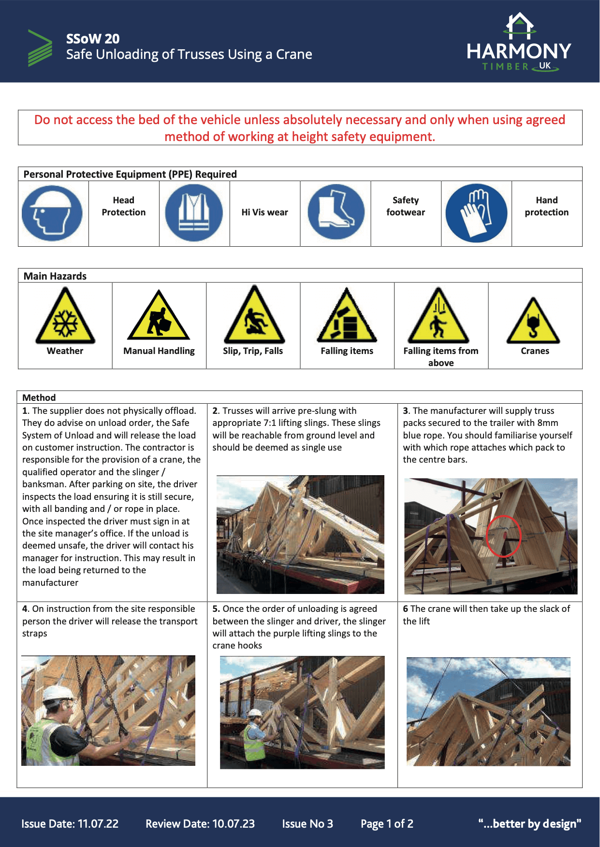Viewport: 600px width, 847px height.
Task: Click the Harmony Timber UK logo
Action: tap(519, 43)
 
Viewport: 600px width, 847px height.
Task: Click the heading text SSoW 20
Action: tap(93, 39)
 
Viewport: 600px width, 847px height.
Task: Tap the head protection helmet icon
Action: tap(52, 213)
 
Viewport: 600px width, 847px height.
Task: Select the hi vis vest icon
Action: tap(194, 213)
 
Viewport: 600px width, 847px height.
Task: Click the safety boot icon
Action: tap(336, 212)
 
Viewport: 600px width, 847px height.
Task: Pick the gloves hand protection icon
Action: tap(476, 213)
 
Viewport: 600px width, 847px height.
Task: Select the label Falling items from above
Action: tap(441, 356)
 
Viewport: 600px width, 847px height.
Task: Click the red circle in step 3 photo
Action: tap(503, 536)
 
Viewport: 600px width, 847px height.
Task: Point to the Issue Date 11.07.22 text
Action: tap(70, 824)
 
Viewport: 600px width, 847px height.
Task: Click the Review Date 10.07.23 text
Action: tap(200, 824)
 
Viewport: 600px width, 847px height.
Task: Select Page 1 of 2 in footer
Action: tap(387, 824)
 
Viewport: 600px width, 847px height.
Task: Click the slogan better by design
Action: tap(529, 824)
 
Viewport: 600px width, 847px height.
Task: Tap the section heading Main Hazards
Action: tap(55, 276)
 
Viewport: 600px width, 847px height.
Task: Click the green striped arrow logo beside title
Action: tap(40, 48)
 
